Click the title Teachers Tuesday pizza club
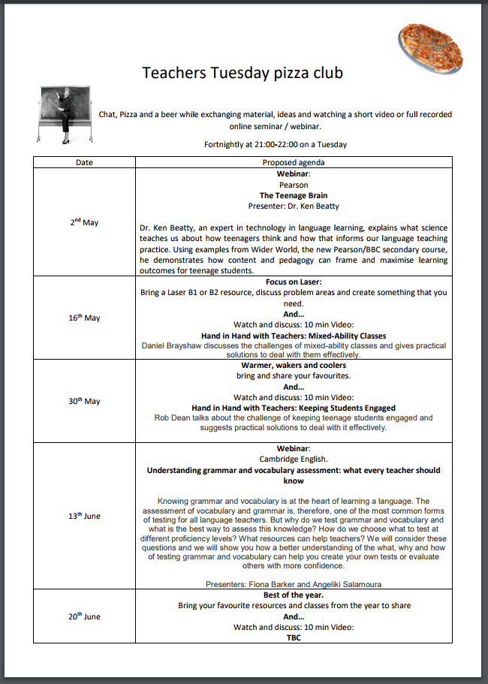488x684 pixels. coord(242,73)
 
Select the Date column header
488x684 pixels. coord(84,162)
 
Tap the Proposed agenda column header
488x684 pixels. coord(293,162)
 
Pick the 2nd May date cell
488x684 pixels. coord(84,222)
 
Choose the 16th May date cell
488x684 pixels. coord(84,318)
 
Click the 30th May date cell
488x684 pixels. coord(84,401)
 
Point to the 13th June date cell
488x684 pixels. coord(84,516)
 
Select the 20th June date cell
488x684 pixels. coord(84,616)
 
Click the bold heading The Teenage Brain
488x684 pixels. coord(294,195)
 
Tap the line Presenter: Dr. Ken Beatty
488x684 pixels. coord(294,205)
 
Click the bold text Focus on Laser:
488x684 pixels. coord(294,282)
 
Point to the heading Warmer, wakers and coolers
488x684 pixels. coord(294,366)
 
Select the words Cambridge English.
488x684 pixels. coord(294,460)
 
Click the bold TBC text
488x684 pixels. coord(294,637)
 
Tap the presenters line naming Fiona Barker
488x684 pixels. coord(294,583)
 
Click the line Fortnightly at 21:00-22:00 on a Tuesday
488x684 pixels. coord(275,144)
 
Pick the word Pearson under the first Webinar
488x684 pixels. coord(294,185)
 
